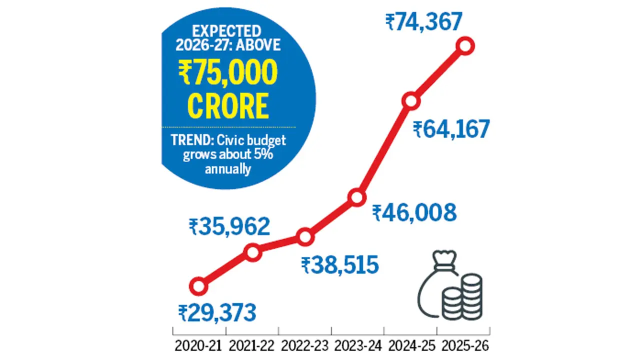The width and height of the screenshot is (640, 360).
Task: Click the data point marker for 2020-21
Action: [x=198, y=286]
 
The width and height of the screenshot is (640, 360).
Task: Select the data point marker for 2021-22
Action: [x=253, y=252]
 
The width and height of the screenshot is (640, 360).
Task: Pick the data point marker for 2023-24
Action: [x=356, y=197]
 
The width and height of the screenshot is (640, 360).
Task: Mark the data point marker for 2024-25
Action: [x=410, y=100]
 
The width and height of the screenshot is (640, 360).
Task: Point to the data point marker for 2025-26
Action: [x=465, y=46]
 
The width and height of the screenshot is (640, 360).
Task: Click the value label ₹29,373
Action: [x=217, y=313]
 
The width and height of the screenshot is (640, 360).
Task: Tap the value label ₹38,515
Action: [x=339, y=265]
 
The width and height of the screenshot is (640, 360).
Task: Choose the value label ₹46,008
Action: [x=414, y=213]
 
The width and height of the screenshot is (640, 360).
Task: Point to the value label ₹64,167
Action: [x=451, y=129]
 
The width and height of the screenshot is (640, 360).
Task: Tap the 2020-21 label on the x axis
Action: [x=199, y=345]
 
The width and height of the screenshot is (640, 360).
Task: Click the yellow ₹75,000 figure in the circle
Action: [x=227, y=75]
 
